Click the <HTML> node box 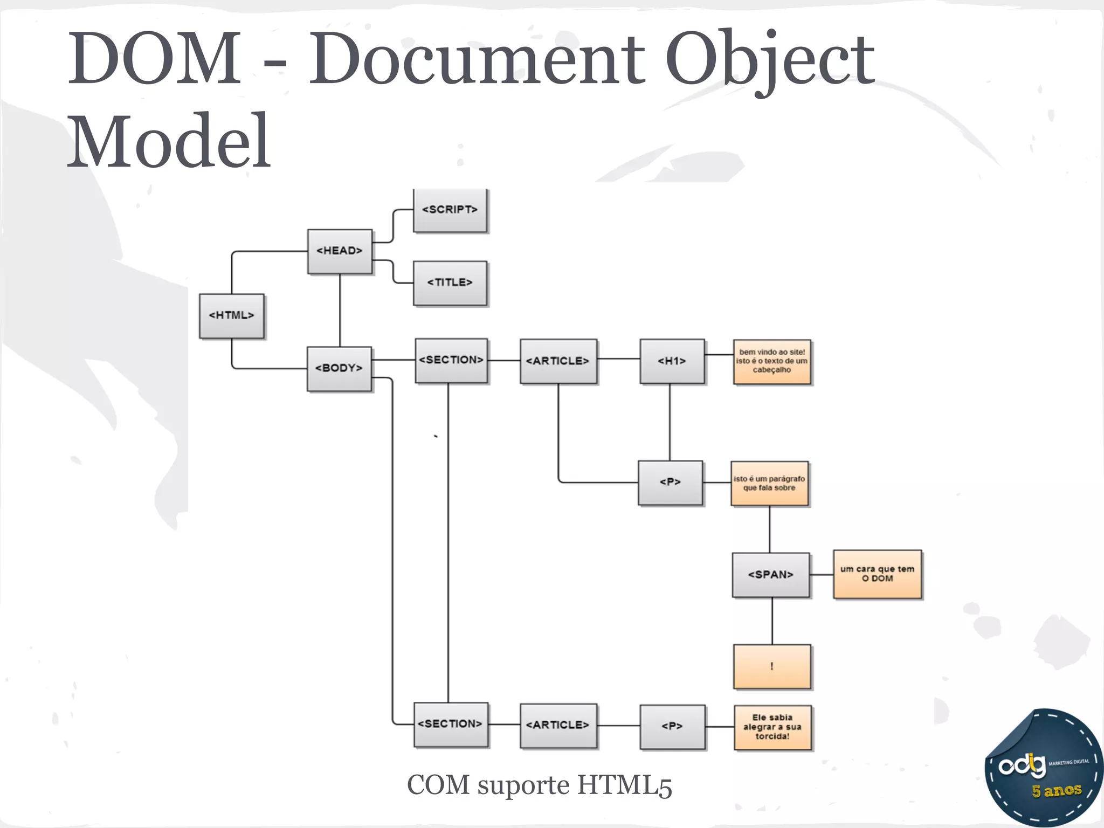(231, 316)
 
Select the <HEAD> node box (340, 251)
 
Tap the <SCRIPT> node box (450, 210)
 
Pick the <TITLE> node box (450, 283)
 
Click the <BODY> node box (339, 369)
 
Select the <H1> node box (672, 361)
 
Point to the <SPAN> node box (771, 575)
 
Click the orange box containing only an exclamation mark (772, 667)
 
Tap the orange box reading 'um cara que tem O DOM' (878, 574)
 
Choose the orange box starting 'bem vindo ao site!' (772, 362)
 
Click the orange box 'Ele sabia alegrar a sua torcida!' (772, 727)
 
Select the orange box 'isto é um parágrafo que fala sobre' (769, 484)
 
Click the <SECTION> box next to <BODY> (451, 361)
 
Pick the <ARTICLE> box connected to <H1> (558, 361)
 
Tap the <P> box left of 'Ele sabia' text (672, 727)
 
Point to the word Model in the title (169, 141)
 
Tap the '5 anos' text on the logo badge (1057, 791)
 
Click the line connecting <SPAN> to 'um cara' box (822, 575)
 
